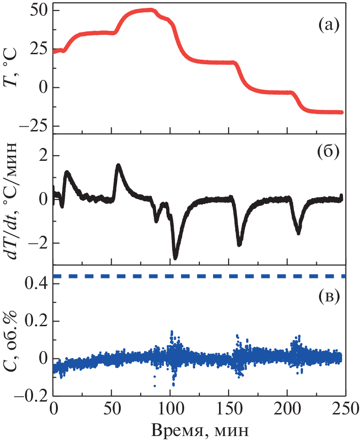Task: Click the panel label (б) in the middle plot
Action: pyautogui.click(x=328, y=153)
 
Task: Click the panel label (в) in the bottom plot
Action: pyautogui.click(x=328, y=297)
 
